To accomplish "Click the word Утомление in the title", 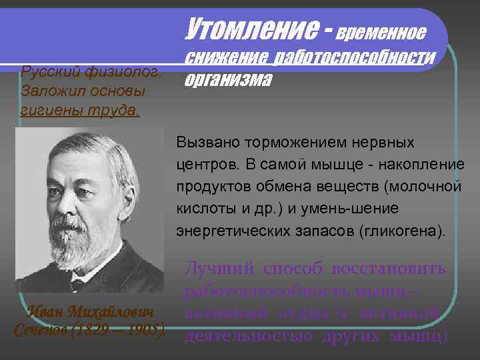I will tap(246, 27).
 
